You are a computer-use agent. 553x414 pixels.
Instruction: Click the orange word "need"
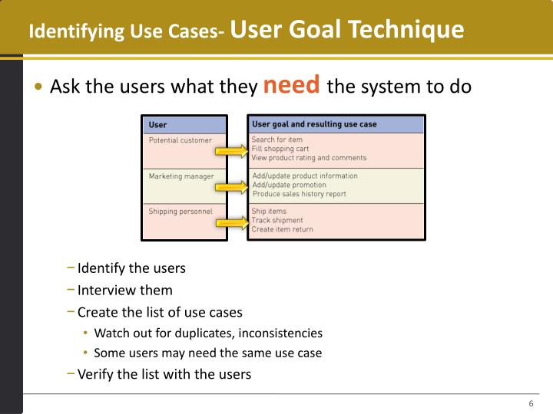291,85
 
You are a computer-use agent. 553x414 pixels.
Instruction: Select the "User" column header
158,125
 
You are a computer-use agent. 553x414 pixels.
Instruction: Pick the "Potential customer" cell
180,140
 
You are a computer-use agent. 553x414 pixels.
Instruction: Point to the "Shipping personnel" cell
180,212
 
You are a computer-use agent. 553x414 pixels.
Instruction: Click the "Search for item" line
278,140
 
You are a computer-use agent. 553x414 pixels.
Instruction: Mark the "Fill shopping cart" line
280,149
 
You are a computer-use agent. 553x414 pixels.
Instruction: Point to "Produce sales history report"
299,194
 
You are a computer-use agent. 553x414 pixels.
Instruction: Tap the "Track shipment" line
277,221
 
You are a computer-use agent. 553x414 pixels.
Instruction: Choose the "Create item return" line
282,229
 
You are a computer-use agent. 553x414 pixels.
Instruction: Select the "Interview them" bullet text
125,291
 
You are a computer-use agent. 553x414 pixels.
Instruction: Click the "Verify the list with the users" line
164,374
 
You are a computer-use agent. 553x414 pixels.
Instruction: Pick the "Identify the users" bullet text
131,269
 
